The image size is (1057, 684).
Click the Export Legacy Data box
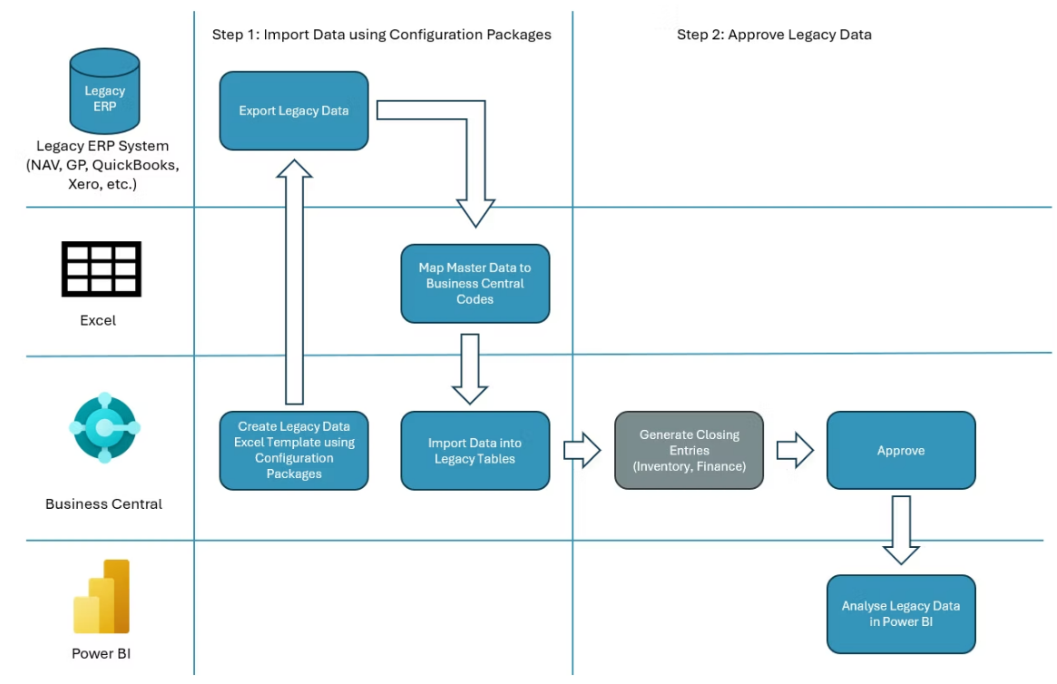coord(294,111)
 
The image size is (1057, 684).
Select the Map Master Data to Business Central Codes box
coord(475,283)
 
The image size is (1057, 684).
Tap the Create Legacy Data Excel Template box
coord(294,450)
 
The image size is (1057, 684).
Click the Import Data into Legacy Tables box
coord(475,451)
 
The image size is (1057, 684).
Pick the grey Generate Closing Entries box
coord(689,450)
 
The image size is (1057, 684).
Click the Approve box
coord(900,450)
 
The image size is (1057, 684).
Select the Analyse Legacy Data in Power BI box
coord(900,613)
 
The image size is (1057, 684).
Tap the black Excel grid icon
coord(101,269)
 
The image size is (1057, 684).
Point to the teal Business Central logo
coord(104,427)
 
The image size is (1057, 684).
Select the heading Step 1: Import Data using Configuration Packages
coord(382,34)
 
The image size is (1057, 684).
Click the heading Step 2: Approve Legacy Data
coord(774,34)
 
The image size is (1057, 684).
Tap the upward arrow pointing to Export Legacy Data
coord(294,281)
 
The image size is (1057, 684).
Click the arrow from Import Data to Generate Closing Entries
coord(582,450)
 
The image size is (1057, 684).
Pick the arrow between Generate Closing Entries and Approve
coord(795,450)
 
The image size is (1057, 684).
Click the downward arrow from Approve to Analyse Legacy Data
coord(901,529)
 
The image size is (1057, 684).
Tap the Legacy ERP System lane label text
coord(103,164)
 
